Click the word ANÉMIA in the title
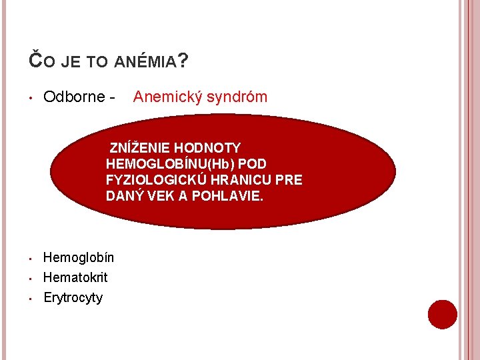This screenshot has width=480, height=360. tap(145, 63)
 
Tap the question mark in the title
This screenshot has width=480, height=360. tap(183, 61)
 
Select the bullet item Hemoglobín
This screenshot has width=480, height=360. tap(79, 257)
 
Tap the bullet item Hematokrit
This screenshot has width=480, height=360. tap(75, 277)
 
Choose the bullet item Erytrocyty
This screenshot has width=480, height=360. tap(73, 298)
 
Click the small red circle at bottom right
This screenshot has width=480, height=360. tap(442, 315)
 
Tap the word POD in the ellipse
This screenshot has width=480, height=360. tap(254, 164)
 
